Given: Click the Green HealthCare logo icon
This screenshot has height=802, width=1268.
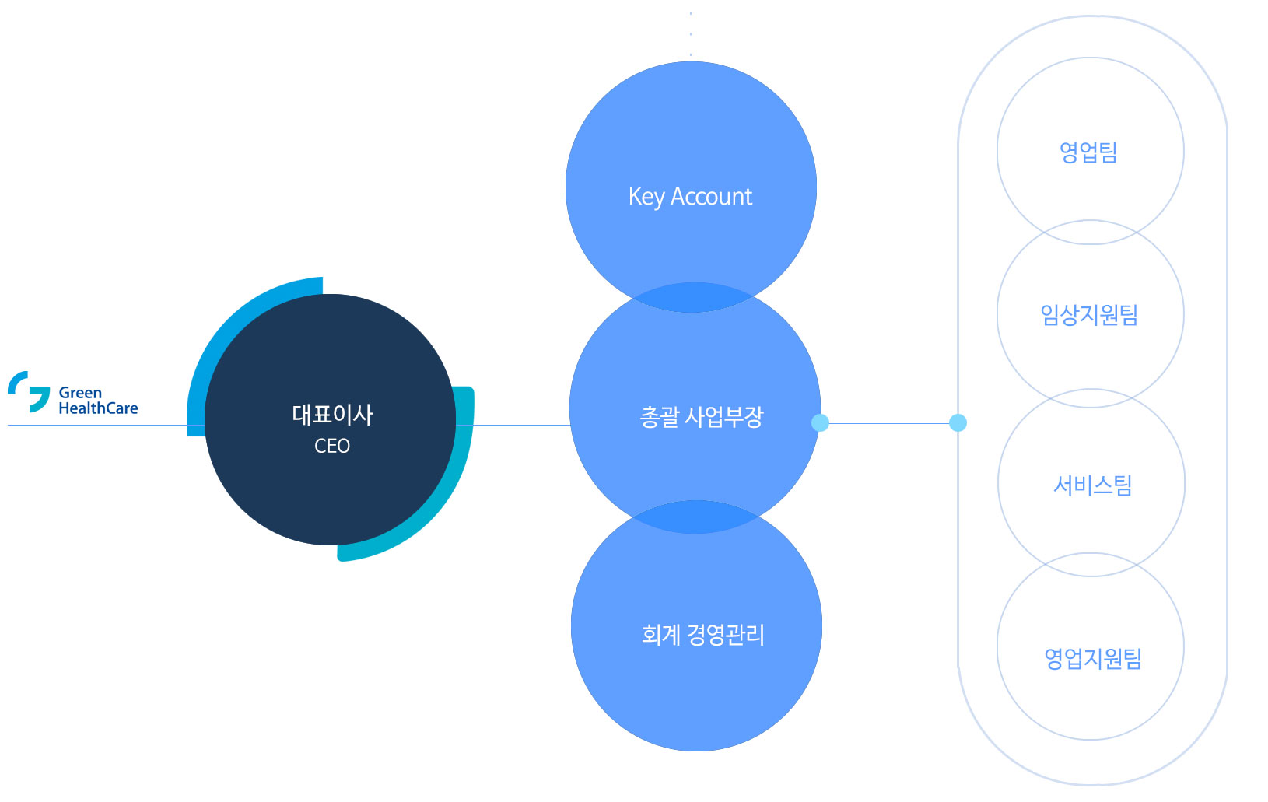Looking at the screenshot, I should [x=29, y=391].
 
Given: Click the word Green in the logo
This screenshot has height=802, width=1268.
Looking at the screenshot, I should [x=80, y=393].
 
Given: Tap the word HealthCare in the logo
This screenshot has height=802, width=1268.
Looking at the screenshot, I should [x=98, y=408].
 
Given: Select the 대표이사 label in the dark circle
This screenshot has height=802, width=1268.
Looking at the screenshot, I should [x=332, y=415].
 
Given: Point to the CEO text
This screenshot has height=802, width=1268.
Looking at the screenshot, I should [x=332, y=446].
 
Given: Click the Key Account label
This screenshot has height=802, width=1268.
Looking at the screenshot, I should [x=690, y=197].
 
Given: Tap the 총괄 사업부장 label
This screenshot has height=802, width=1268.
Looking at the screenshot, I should [x=702, y=418].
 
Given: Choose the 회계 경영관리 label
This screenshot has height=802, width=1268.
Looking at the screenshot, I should [x=702, y=635].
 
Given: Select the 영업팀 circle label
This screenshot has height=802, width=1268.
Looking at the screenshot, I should [x=1088, y=152].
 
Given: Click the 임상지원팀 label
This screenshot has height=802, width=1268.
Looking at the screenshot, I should [x=1089, y=314].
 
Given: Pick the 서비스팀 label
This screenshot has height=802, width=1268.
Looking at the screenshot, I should [x=1092, y=485].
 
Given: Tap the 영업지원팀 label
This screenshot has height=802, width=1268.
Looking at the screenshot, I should [x=1092, y=659].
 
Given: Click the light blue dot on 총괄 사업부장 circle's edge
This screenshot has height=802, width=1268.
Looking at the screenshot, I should [x=820, y=422].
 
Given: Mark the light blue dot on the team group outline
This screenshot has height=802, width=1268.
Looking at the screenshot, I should [x=958, y=422].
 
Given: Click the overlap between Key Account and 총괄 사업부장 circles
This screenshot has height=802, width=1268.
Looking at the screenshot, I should [x=693, y=298].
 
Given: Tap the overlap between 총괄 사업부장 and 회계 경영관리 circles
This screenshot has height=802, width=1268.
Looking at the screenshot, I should [x=695, y=517].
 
